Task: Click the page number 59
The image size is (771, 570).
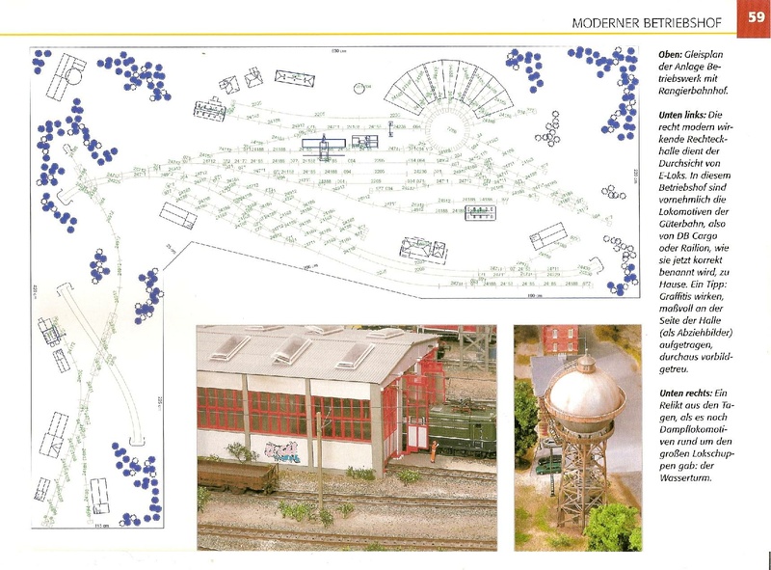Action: pyautogui.click(x=754, y=19)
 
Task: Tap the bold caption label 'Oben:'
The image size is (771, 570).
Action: pyautogui.click(x=671, y=54)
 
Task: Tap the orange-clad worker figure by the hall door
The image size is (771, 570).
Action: pyautogui.click(x=434, y=449)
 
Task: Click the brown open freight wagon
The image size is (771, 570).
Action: pyautogui.click(x=235, y=474)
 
